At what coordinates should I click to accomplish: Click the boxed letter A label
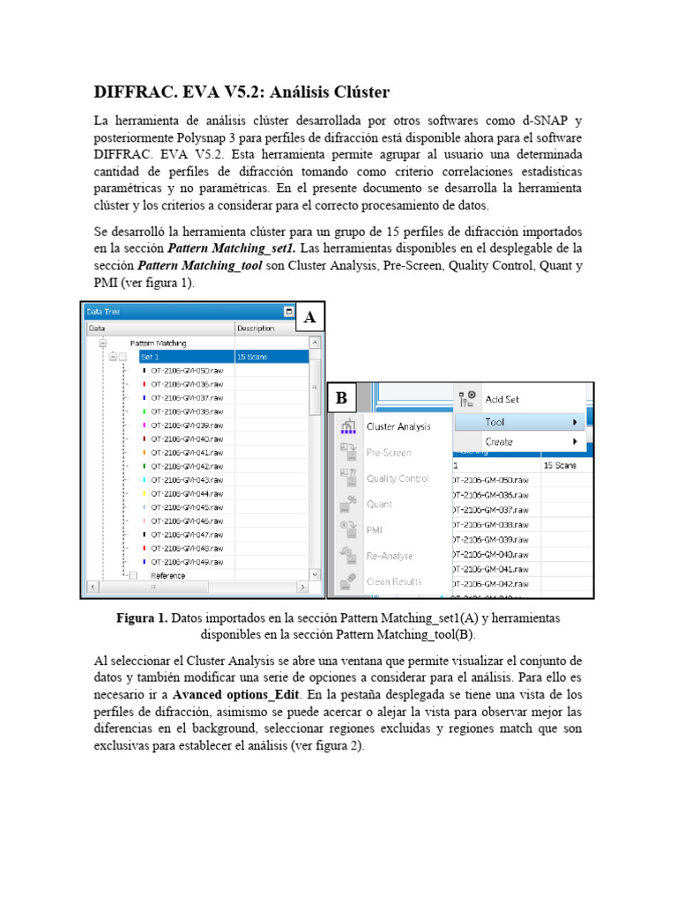309,318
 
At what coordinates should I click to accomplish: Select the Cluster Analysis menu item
398,426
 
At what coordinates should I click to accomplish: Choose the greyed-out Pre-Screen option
388,453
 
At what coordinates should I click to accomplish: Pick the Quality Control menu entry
398,478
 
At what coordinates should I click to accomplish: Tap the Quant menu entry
379,505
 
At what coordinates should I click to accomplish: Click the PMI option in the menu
375,530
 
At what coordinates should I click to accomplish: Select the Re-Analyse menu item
389,556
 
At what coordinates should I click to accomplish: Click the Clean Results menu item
393,581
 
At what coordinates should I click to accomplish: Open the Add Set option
502,399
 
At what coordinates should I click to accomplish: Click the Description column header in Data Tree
256,329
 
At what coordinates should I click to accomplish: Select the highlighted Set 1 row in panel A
150,357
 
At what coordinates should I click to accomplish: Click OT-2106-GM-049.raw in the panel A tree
186,561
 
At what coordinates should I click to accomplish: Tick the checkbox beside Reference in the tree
133,575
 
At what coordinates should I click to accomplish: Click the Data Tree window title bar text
103,311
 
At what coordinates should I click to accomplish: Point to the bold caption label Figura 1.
142,618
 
